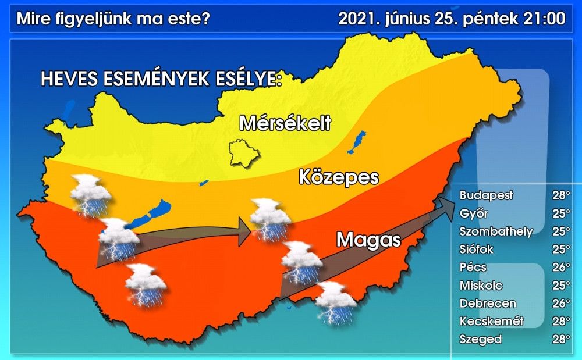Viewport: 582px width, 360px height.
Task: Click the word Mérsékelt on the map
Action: pos(285,123)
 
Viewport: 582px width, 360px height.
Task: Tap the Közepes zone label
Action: pos(339,177)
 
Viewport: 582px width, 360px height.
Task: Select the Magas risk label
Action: pos(368,238)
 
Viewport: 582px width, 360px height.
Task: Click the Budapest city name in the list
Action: pos(487,195)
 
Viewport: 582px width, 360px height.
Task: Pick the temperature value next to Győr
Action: pos(560,213)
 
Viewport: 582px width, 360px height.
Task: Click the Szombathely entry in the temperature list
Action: pos(496,231)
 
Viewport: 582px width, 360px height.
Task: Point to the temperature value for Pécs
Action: pos(560,268)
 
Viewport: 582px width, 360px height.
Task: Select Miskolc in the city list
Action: pos(481,286)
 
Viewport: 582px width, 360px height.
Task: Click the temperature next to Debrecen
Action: pos(560,304)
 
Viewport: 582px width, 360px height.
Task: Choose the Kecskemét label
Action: pos(492,321)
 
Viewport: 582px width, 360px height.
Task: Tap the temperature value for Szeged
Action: pos(560,340)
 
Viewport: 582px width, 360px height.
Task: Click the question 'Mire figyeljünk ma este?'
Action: pos(113,19)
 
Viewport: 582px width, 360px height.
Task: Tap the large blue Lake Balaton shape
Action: pos(148,215)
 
